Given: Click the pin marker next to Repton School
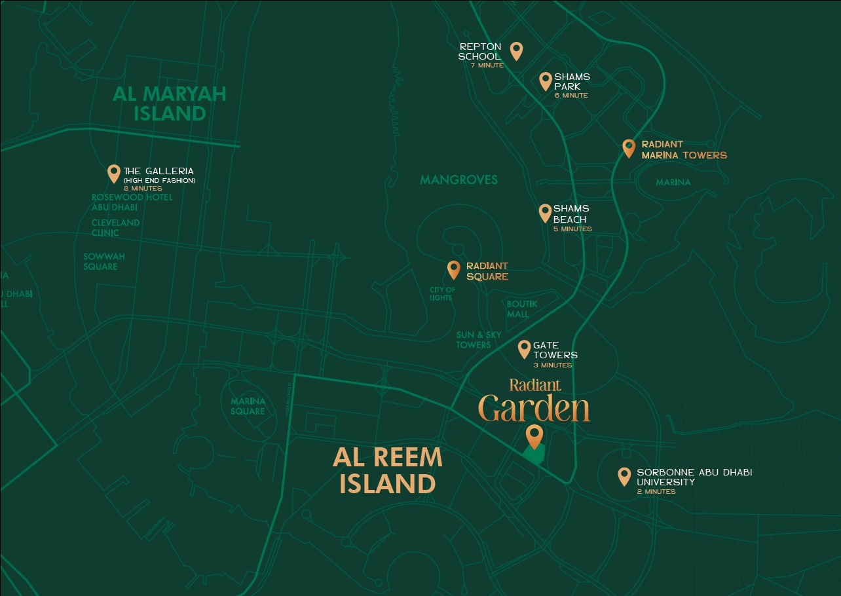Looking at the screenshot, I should pos(516,50).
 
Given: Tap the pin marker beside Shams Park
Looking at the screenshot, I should pos(545,81).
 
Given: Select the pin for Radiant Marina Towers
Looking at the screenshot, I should pos(629,148).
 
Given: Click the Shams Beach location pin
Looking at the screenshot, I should pos(545,212).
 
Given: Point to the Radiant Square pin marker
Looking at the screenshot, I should pos(453,269).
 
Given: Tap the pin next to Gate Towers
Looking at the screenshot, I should pos(524,348).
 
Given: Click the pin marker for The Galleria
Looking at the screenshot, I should pos(114,173).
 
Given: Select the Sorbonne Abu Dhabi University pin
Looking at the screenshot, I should pos(624,475).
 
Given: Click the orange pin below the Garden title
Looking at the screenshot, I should pos(535,435).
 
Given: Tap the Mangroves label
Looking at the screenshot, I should pos(458,179).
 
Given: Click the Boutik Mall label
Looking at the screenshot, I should pos(522,309).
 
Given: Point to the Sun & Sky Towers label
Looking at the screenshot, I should pos(479,340).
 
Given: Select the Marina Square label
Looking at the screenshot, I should pos(248,406).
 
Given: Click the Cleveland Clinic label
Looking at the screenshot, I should pos(115,227).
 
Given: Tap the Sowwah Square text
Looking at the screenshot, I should pos(103,261).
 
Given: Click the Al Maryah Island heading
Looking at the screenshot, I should pos(170,103).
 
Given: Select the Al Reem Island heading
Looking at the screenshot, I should pos(388,471).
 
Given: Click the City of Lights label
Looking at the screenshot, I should pos(441,293).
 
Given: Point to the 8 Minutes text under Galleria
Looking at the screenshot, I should pos(142,189).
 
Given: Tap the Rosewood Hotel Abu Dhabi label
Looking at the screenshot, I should pos(132,202).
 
